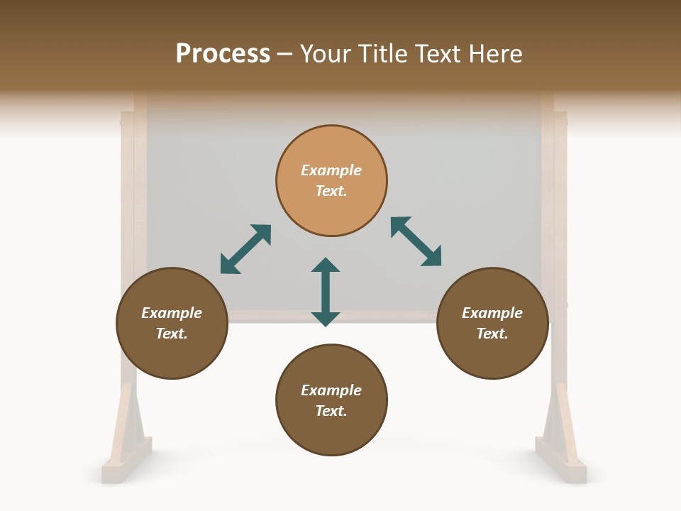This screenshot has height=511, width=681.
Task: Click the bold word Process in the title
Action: point(223,54)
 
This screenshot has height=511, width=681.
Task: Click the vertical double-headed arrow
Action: point(326,292)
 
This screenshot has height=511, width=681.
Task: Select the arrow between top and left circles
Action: point(245,249)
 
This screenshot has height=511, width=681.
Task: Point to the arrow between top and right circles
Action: point(416,242)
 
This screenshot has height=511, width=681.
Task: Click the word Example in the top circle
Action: point(331,170)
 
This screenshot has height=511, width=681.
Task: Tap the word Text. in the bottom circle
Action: point(331,411)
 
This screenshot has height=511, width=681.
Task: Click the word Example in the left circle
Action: point(172,313)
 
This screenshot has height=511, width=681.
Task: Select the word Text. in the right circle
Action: point(492,334)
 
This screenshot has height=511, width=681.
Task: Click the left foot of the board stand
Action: point(126,454)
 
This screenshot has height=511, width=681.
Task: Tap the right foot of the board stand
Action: point(560,454)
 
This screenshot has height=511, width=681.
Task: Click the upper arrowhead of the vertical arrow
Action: point(326,265)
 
